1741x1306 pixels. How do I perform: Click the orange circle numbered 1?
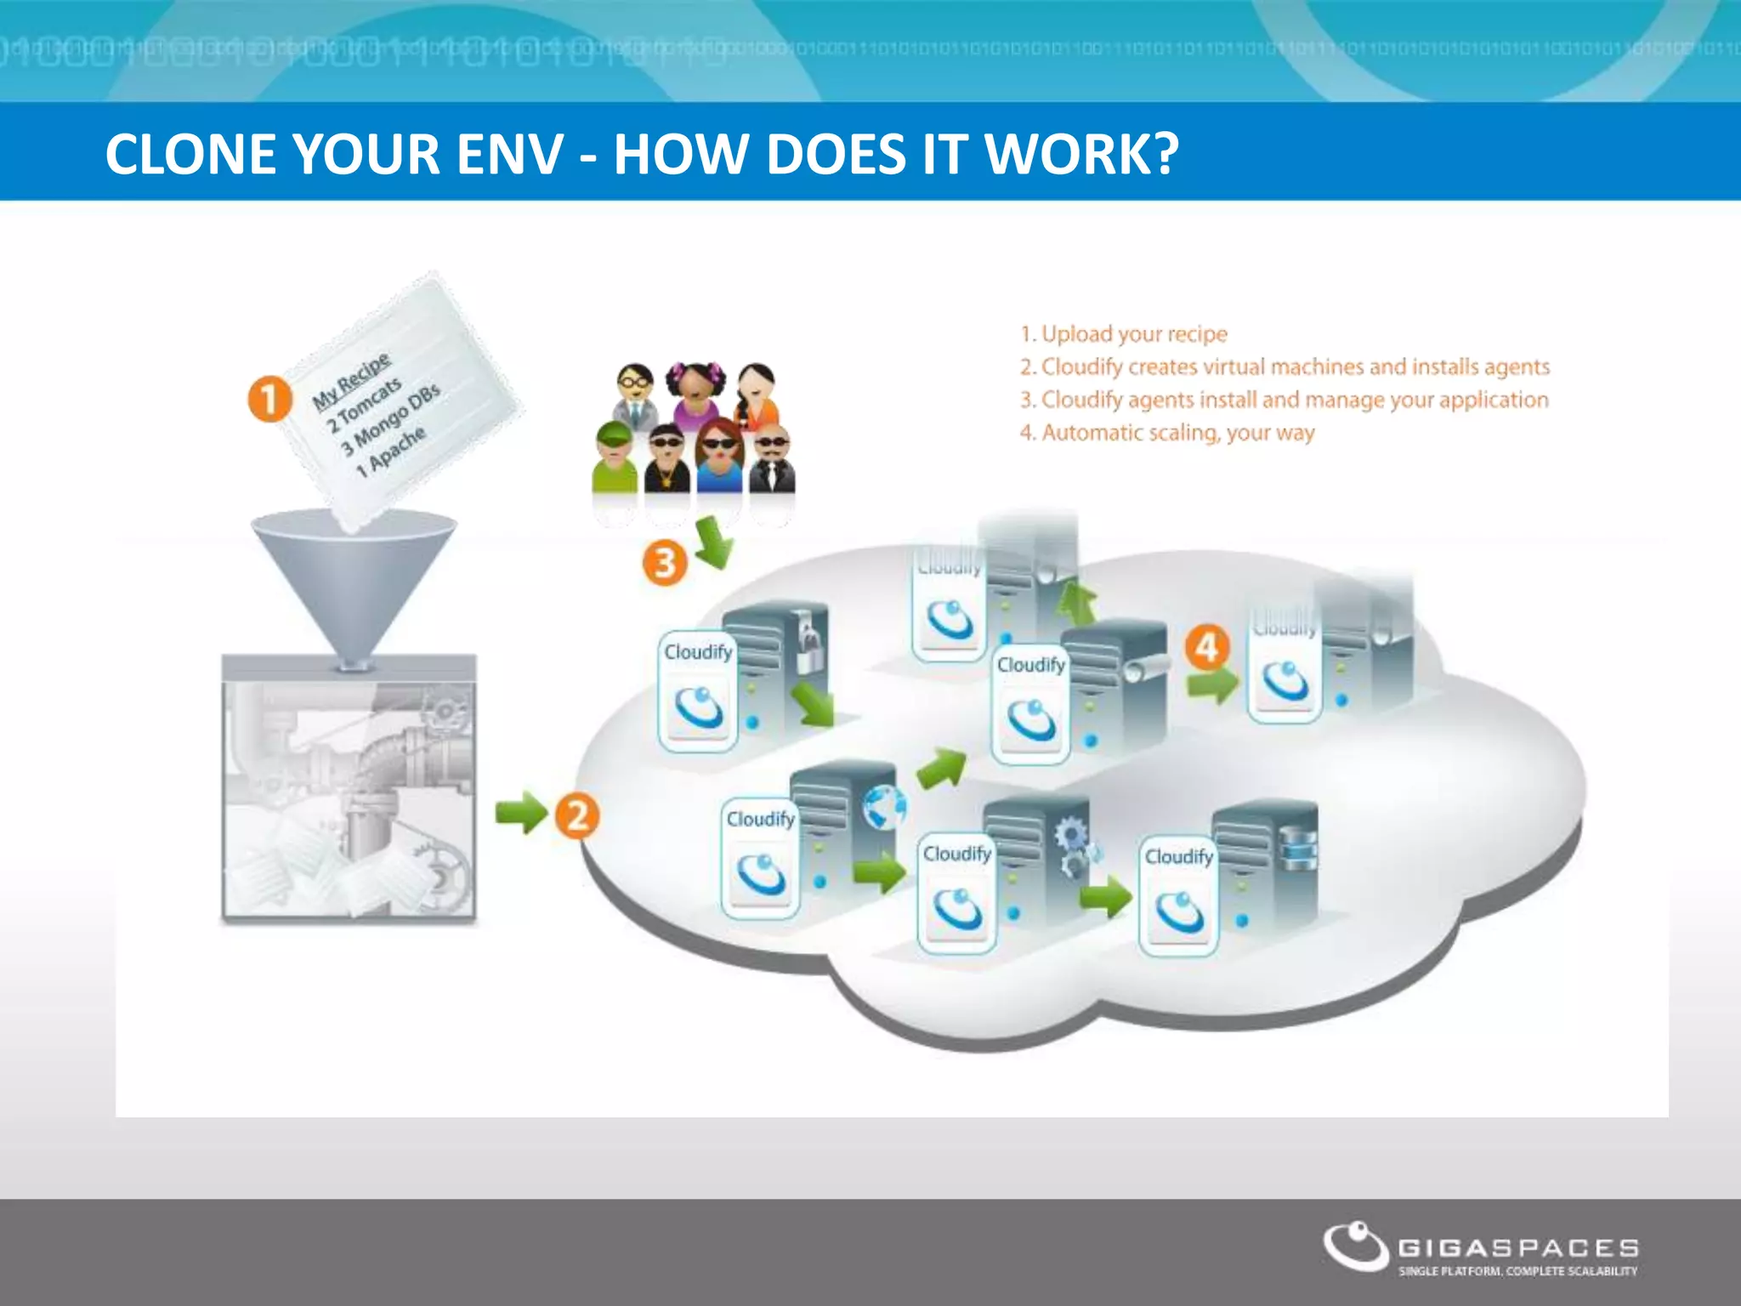269,400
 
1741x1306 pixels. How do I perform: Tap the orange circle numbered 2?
577,815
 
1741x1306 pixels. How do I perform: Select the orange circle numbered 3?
665,564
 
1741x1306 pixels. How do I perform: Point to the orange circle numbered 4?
1207,648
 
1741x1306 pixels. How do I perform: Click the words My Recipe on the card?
351,380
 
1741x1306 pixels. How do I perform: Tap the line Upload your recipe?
1124,334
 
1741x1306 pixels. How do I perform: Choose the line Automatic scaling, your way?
1167,433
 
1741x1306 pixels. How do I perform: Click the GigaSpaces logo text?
1518,1248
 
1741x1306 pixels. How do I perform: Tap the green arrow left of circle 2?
521,812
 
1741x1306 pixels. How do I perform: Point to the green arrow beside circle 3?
713,542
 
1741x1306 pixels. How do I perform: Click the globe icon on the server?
884,806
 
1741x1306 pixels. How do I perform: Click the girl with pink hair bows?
695,393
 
